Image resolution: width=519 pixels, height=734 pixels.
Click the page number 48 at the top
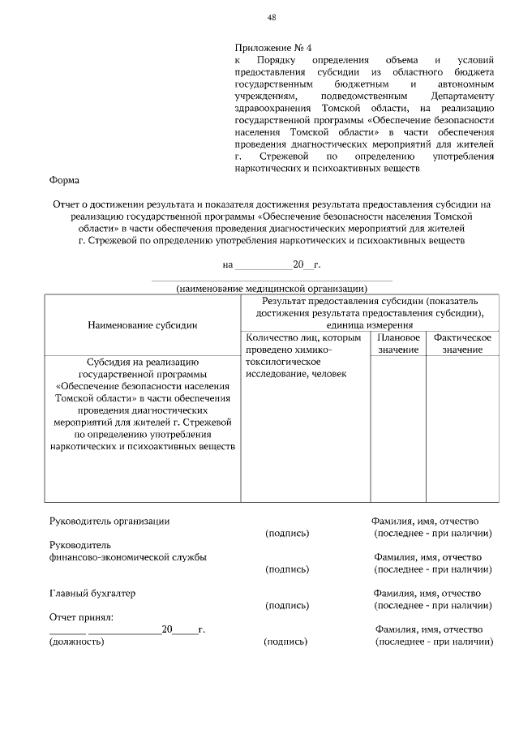272,18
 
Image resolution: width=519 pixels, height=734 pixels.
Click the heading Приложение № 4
267,48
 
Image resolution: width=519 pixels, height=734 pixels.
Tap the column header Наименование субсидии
142,325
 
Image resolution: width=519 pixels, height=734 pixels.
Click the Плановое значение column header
398,343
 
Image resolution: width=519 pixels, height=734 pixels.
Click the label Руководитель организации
109,521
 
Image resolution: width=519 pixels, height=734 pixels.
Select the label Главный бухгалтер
92,593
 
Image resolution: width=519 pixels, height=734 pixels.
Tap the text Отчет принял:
81,617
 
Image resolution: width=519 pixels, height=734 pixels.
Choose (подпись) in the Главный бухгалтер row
287,605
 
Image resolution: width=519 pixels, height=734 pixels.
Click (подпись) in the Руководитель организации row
287,533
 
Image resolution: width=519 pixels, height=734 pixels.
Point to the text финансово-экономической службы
127,557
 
